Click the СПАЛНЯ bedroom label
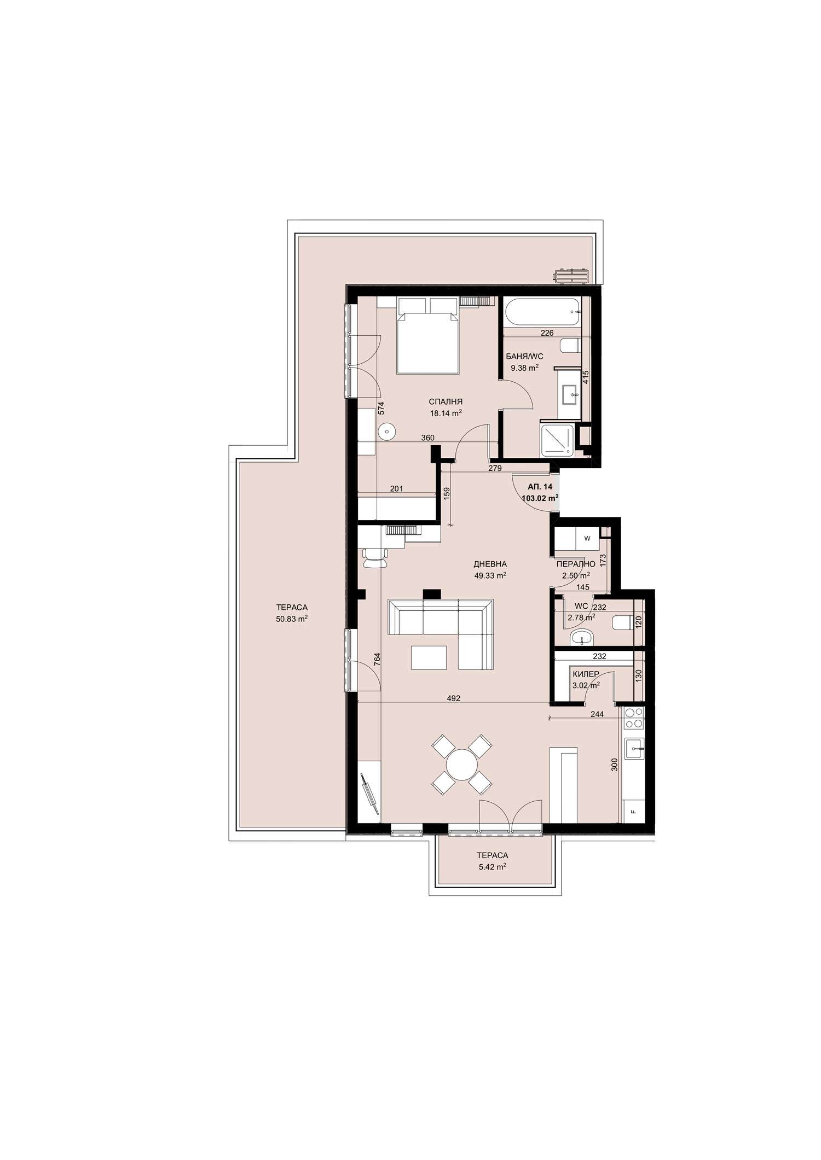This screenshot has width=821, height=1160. tap(446, 401)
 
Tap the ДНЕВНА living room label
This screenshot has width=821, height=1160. tap(490, 564)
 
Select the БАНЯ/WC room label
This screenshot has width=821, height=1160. tap(524, 356)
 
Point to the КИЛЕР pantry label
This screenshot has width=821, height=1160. tap(585, 674)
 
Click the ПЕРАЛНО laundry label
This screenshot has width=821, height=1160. tap(576, 564)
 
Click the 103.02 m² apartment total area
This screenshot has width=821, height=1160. tap(540, 498)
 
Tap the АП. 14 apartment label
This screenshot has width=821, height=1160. tap(540, 487)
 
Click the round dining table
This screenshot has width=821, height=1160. tap(461, 765)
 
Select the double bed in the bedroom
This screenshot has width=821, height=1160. tap(427, 335)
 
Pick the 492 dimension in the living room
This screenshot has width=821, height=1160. tap(453, 698)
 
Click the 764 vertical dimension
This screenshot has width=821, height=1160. tap(377, 659)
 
